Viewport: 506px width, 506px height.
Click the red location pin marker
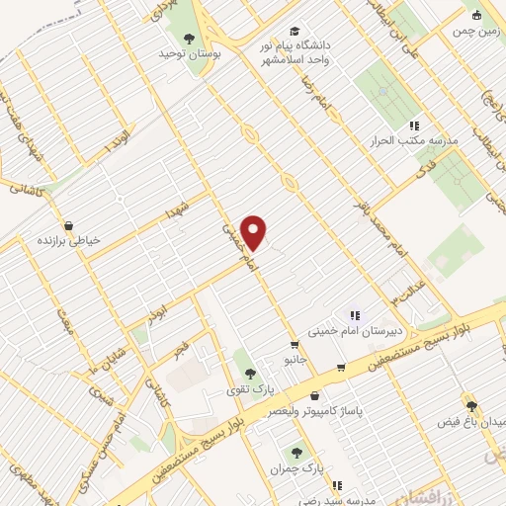click(x=255, y=233)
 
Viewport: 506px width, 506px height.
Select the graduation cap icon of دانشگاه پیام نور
click(x=292, y=31)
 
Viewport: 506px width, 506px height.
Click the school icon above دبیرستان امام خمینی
click(x=355, y=315)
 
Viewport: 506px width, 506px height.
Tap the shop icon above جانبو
click(x=294, y=345)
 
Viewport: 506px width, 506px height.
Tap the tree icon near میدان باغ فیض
click(x=471, y=405)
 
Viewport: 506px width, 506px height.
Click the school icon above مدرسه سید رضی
click(x=337, y=485)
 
